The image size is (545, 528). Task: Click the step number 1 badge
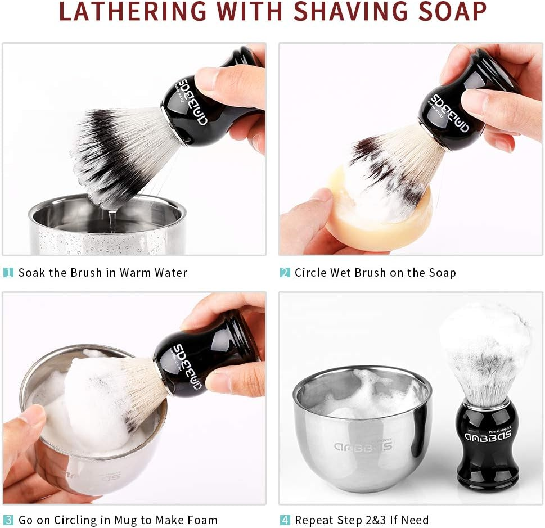point(8,273)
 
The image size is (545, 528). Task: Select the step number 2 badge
point(285,273)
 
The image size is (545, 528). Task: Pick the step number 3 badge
point(8,520)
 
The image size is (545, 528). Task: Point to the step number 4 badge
point(285,520)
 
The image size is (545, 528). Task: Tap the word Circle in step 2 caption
point(312,273)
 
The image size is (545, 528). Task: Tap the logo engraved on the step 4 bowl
point(363,446)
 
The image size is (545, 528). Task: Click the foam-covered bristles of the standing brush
point(485,349)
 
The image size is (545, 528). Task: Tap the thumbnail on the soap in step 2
point(321,196)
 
